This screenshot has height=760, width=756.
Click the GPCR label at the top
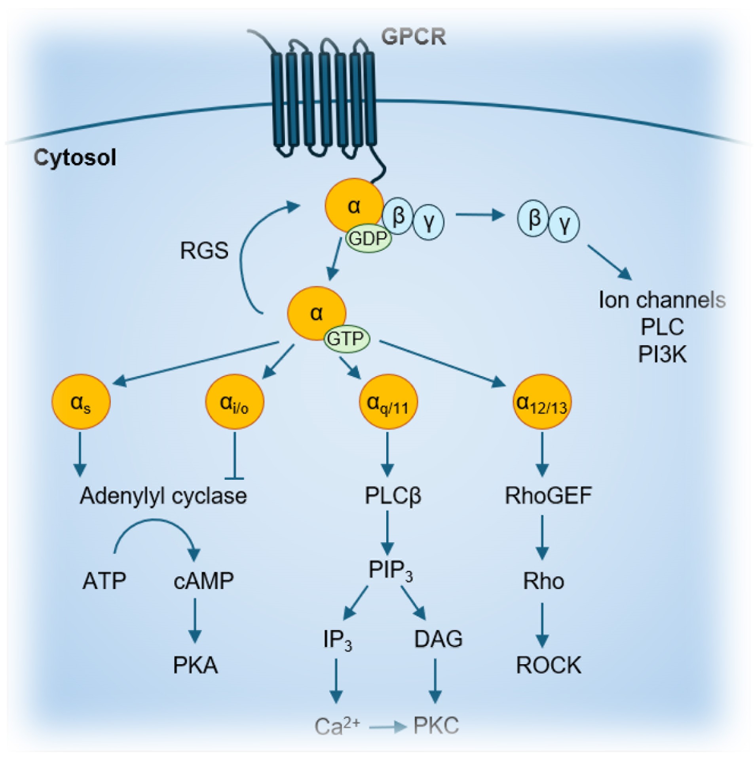point(413,37)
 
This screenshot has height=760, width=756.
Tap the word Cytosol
point(75,158)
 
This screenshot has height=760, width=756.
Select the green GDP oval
point(369,239)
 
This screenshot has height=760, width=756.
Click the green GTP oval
point(347,339)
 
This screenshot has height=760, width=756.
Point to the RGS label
point(204,251)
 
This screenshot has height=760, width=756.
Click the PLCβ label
point(393,496)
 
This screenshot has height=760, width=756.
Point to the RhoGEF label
point(548,496)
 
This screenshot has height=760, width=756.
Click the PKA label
point(196,665)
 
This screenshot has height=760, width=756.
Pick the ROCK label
point(549,665)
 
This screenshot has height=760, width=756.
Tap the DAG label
point(438,639)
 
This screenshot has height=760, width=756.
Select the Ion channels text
point(662,300)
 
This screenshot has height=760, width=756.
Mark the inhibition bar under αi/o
point(234,479)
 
